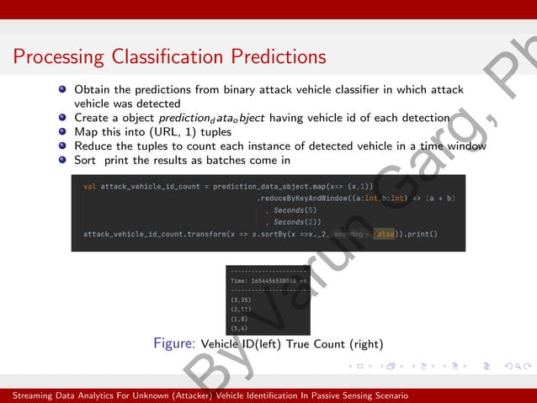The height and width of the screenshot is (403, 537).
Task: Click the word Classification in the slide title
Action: (165, 57)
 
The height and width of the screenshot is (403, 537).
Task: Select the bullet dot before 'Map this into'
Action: (62, 132)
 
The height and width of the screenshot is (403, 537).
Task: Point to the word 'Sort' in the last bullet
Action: (86, 160)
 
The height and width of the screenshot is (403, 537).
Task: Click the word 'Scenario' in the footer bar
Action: (388, 395)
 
